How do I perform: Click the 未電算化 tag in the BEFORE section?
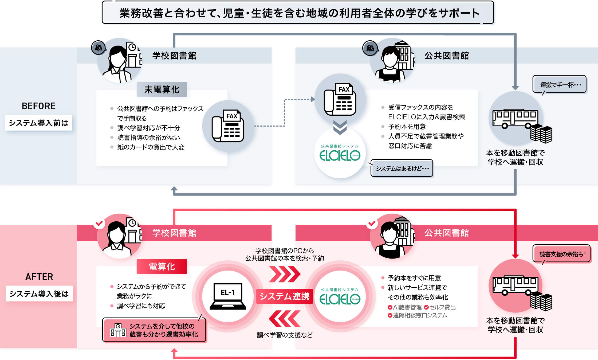pos(162,89)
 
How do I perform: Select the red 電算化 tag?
pos(162,266)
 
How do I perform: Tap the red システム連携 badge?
pos(285,296)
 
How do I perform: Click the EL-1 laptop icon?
pos(228,296)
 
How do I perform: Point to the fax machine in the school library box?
pos(228,126)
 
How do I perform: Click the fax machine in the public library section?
pos(340,99)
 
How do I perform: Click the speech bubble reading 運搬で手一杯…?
pos(560,85)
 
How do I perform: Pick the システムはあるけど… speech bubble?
pos(402,168)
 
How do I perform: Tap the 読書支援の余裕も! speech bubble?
pos(562,254)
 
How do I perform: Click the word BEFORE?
pos(39,106)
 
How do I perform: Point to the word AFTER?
pos(39,277)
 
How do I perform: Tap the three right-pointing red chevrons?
pos(285,274)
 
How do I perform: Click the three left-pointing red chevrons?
pos(285,319)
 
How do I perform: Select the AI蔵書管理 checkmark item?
pos(405,307)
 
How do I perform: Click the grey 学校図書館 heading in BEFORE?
pos(174,56)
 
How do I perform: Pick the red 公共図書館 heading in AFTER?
pos(447,233)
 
